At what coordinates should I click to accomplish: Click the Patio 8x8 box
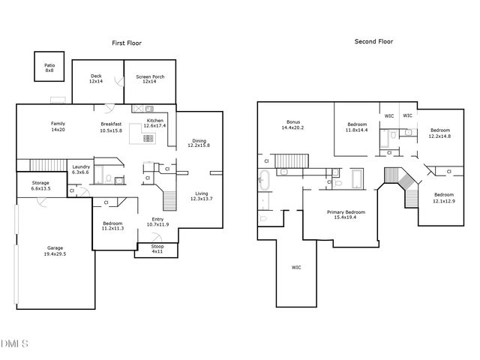pyautogui.click(x=49, y=67)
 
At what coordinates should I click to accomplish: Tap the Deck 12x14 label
pyautogui.click(x=96, y=78)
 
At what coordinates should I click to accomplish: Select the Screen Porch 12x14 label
pyautogui.click(x=150, y=79)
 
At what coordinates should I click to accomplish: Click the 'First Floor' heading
pyautogui.click(x=127, y=43)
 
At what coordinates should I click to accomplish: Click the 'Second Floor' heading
pyautogui.click(x=373, y=42)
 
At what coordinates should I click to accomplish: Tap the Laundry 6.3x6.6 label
pyautogui.click(x=81, y=169)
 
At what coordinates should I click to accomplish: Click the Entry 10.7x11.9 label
pyautogui.click(x=157, y=222)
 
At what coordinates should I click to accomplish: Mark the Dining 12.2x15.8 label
pyautogui.click(x=199, y=142)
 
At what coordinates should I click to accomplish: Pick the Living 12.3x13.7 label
pyautogui.click(x=202, y=196)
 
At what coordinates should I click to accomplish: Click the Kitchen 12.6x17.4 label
pyautogui.click(x=155, y=122)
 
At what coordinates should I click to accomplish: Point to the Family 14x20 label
pyautogui.click(x=58, y=126)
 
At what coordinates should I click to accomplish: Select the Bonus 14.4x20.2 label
pyautogui.click(x=292, y=124)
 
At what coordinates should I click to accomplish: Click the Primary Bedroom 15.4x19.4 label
pyautogui.click(x=346, y=214)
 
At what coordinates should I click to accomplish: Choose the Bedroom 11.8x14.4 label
pyautogui.click(x=356, y=127)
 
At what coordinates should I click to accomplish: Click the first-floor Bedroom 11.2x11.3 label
pyautogui.click(x=112, y=225)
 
